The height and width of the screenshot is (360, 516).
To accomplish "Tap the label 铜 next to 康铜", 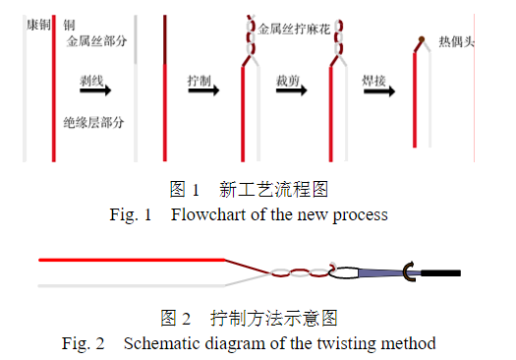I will click(x=70, y=23).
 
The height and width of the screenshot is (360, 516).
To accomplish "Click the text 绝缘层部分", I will click(x=96, y=123).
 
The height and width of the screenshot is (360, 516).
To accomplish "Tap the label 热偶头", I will click(x=458, y=43).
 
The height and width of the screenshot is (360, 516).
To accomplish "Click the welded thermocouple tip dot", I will click(x=421, y=41).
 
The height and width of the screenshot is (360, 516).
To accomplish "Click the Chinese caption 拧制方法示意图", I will click(x=274, y=319).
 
